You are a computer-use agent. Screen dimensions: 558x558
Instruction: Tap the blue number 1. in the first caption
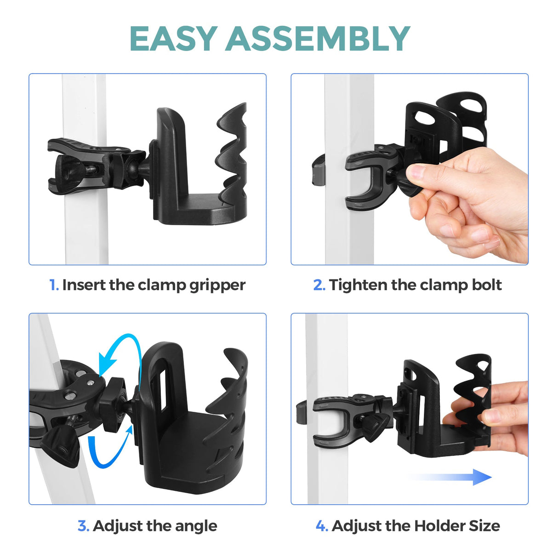(54, 285)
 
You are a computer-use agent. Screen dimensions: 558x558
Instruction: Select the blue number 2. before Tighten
(319, 285)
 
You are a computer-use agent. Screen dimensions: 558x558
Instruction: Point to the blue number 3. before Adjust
(83, 526)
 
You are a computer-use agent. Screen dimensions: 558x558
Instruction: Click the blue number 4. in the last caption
(322, 526)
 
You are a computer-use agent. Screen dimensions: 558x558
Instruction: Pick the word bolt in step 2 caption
(487, 285)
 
